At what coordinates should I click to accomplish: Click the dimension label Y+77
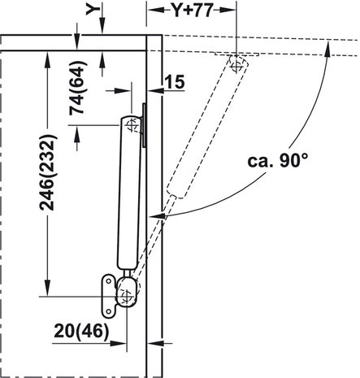point(193,11)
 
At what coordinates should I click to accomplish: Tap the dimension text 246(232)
point(48,172)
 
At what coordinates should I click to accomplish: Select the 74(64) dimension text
point(78,88)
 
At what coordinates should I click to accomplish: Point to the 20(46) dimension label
point(81,331)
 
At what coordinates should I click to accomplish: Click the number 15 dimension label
point(175,82)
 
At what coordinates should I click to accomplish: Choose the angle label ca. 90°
point(278,161)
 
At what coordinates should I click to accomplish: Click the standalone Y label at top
point(93,9)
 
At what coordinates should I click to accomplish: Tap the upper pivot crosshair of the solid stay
point(132,125)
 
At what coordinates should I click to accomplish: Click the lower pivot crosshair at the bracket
point(127,297)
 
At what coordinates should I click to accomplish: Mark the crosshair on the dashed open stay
point(236,65)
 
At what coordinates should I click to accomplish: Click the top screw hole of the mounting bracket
point(108,281)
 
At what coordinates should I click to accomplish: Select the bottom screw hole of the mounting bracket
point(109,312)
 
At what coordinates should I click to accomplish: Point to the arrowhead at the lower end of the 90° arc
point(157,216)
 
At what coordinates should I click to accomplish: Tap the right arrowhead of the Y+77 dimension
point(228,10)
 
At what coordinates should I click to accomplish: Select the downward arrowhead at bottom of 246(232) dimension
point(48,288)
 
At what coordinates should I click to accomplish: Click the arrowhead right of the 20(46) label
point(119,343)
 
